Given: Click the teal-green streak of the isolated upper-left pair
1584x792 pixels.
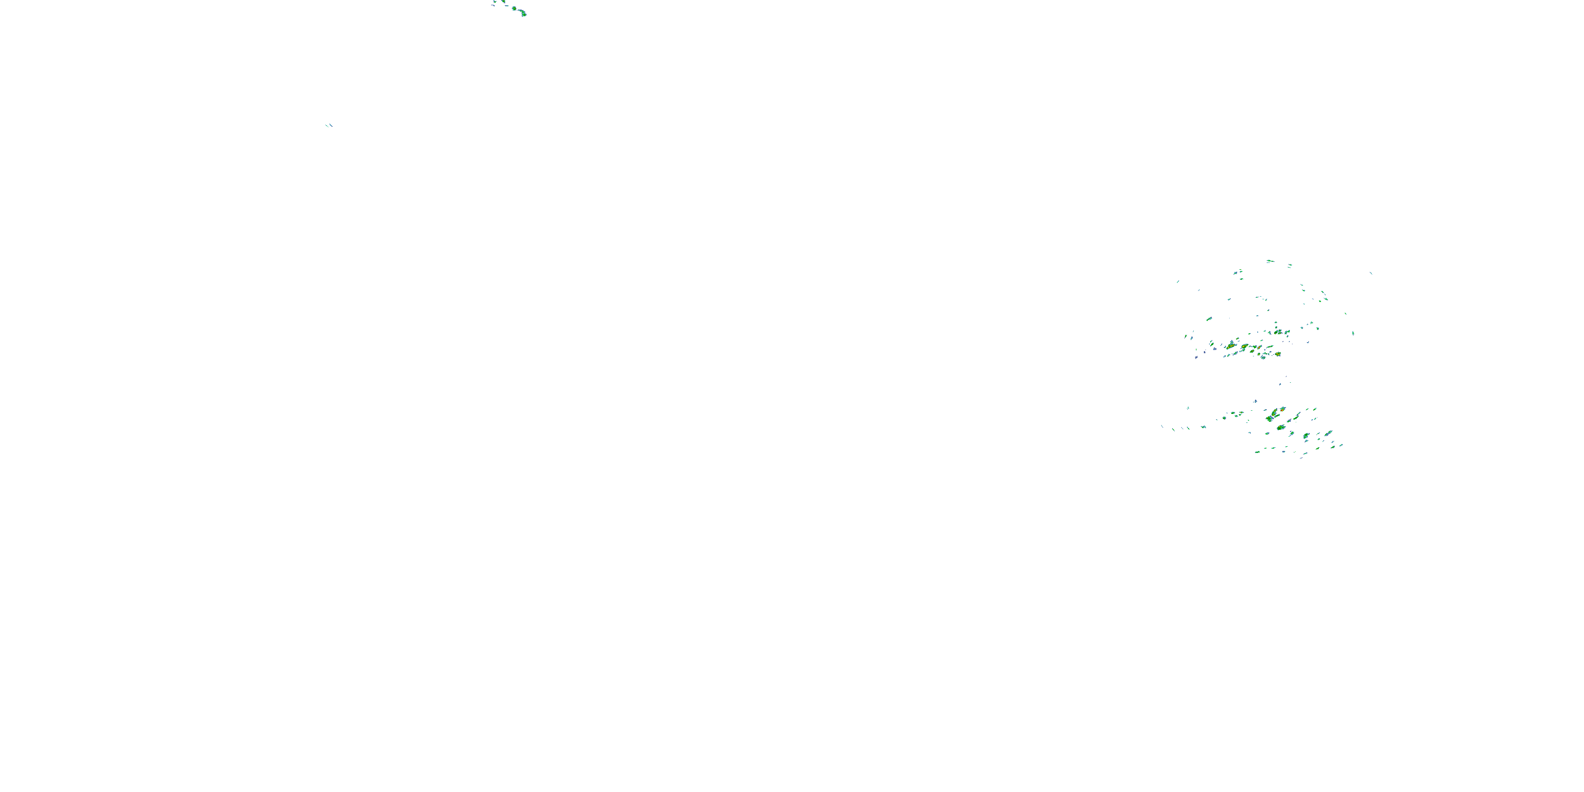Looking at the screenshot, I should tap(327, 126).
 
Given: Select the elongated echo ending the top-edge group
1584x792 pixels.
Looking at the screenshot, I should tap(523, 13).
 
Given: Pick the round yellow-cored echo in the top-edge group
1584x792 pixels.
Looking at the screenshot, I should tap(515, 8).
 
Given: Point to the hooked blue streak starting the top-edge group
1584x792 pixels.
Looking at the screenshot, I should tap(493, 5).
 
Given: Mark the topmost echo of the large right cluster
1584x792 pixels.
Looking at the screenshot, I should tap(1270, 261).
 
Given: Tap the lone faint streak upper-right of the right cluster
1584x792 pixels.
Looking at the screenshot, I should tap(1371, 274).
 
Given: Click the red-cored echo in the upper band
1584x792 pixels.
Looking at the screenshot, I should tap(1259, 348).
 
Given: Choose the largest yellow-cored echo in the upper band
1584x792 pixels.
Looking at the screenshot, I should tap(1232, 346).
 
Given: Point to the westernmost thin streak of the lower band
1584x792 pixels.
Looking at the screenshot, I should tap(1162, 427).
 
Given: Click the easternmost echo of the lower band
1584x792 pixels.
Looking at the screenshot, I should tap(1341, 446).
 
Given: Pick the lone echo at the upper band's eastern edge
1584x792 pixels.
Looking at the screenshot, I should tap(1353, 333).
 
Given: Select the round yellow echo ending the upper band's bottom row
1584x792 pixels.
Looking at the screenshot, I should tap(1278, 354).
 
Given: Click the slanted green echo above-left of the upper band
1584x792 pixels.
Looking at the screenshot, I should tap(1210, 319).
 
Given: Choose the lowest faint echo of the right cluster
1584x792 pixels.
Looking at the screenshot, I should tap(1301, 459).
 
